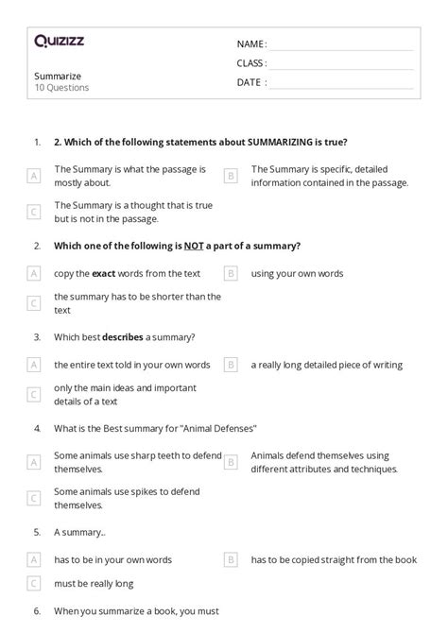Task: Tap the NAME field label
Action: [x=251, y=44]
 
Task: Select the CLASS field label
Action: [x=252, y=63]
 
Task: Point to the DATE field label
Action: [x=251, y=82]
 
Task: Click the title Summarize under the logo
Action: [x=58, y=76]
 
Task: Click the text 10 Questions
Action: [x=61, y=88]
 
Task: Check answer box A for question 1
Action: [x=34, y=176]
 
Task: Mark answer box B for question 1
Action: [x=230, y=176]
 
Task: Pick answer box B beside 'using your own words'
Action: [x=230, y=274]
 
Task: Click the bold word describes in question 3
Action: [x=122, y=336]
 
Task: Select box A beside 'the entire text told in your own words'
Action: [x=34, y=365]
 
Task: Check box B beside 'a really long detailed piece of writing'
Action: [x=230, y=365]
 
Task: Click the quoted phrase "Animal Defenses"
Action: [x=218, y=427]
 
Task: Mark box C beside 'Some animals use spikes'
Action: [x=34, y=498]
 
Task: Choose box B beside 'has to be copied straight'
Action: [x=230, y=559]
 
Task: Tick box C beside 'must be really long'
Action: [x=34, y=584]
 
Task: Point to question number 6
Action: [x=37, y=612]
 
